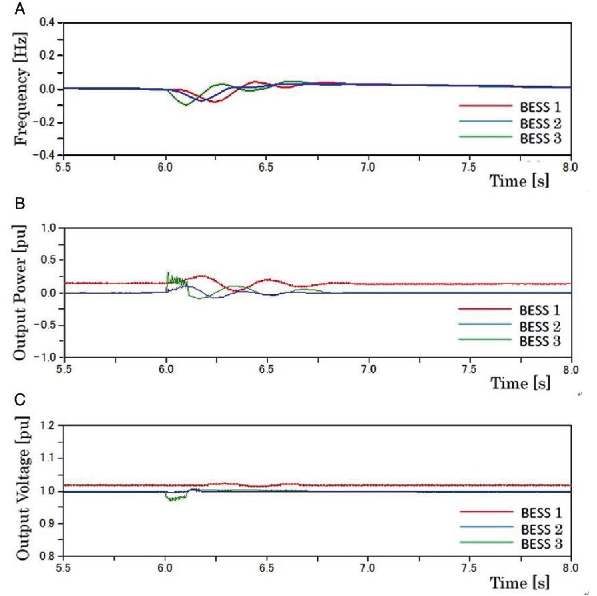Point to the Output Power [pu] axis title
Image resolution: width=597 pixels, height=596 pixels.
click(x=20, y=292)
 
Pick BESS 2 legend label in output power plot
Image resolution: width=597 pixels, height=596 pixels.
click(x=540, y=327)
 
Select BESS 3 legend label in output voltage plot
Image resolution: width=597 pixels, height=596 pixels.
click(x=541, y=544)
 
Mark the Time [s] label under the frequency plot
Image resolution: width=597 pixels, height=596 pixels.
click(x=519, y=181)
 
